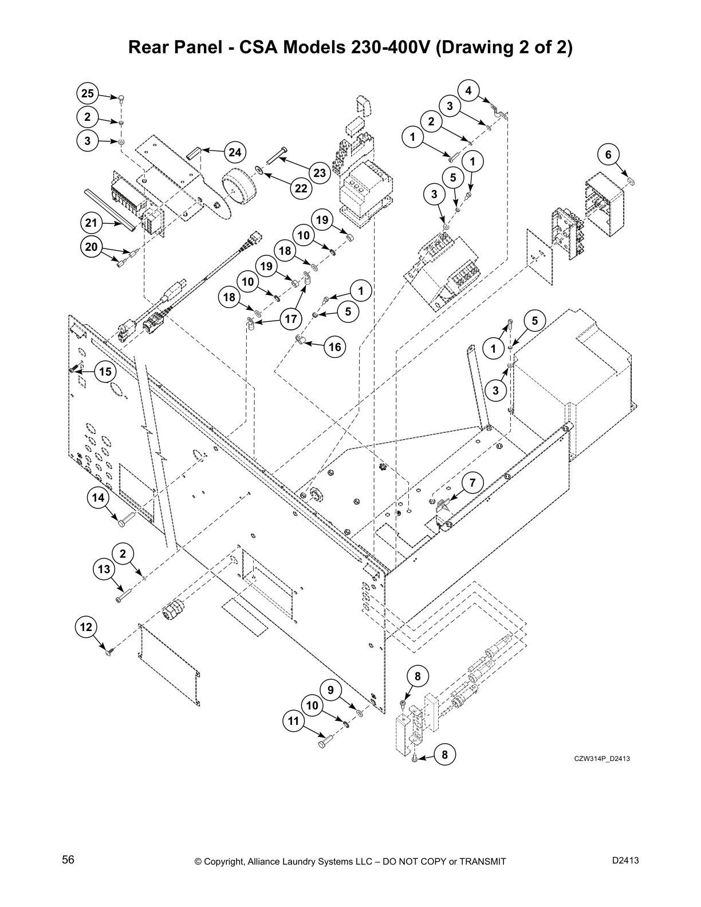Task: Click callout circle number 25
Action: click(87, 93)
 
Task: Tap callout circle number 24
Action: click(234, 152)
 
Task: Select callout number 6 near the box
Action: click(608, 155)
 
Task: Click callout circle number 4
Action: click(468, 90)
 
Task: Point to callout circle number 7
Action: click(472, 483)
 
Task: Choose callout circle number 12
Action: click(86, 627)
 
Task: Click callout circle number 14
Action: click(99, 498)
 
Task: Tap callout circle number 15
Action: click(105, 372)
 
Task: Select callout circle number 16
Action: click(335, 347)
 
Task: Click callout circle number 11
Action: click(293, 721)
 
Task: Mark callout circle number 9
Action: click(330, 691)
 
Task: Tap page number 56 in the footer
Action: click(68, 859)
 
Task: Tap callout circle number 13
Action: click(104, 569)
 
